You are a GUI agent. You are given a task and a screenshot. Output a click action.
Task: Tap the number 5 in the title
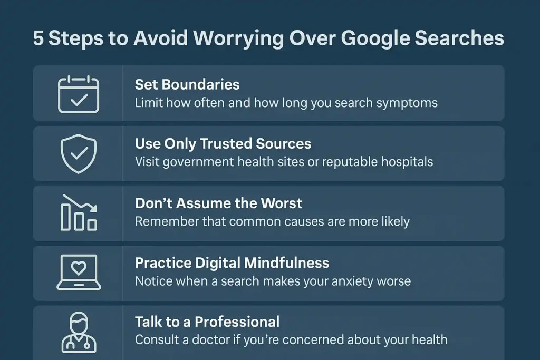38,39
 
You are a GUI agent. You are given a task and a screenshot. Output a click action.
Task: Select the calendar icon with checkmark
78,94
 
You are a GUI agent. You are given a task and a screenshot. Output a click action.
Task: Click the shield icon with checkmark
78,153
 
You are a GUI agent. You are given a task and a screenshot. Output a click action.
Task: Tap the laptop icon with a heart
78,271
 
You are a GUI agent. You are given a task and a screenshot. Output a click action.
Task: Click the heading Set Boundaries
187,84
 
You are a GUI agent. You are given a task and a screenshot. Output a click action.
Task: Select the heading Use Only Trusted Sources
223,144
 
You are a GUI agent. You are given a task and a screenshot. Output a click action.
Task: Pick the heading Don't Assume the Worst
219,203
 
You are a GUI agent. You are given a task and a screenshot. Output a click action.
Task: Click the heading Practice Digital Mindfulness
232,262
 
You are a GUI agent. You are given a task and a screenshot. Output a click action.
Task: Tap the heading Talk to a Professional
207,322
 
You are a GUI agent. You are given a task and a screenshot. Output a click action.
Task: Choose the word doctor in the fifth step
214,339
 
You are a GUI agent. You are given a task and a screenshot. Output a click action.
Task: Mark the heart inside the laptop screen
78,268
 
